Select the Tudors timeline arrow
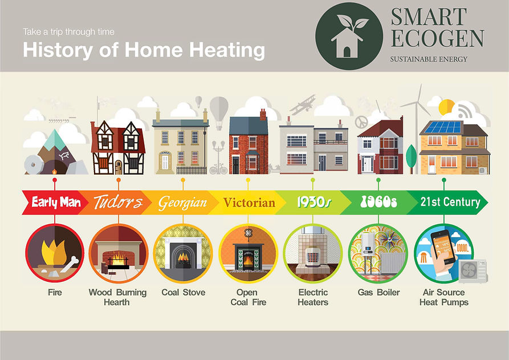(117, 202)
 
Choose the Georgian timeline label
(182, 202)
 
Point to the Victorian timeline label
(249, 202)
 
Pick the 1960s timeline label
(378, 202)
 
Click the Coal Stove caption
(183, 293)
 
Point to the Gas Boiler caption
(378, 293)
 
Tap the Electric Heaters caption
(313, 297)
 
